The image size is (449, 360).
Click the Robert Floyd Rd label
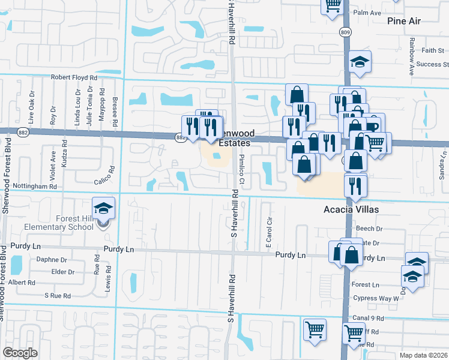(74, 77)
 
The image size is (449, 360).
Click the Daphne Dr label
(52, 260)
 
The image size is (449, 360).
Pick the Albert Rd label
(22, 282)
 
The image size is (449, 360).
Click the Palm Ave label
(368, 13)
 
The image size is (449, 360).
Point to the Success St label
(433, 64)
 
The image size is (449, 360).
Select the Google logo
(20, 353)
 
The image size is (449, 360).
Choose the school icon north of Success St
(360, 62)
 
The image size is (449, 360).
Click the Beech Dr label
(369, 229)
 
